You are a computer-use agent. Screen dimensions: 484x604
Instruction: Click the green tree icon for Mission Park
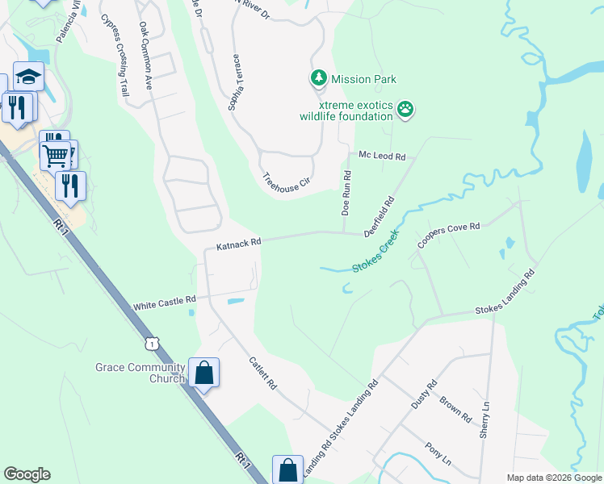tap(319, 78)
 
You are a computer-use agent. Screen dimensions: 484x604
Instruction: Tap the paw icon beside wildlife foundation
tap(405, 109)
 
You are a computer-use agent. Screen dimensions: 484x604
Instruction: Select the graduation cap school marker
tap(28, 77)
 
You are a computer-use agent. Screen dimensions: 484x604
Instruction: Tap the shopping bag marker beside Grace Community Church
tap(204, 373)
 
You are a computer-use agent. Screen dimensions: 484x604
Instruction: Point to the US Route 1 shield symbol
tap(153, 344)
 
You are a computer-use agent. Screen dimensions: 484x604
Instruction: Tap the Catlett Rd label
tap(264, 374)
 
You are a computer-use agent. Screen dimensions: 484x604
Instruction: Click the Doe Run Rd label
tap(346, 193)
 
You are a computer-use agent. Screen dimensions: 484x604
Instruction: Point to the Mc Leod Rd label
tap(382, 155)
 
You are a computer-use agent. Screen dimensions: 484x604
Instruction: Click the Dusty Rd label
tap(424, 394)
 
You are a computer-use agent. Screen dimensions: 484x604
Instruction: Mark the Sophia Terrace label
tap(237, 84)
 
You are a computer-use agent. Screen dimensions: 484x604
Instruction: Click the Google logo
tap(27, 474)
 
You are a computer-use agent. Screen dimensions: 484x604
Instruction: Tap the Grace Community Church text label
tap(141, 373)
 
